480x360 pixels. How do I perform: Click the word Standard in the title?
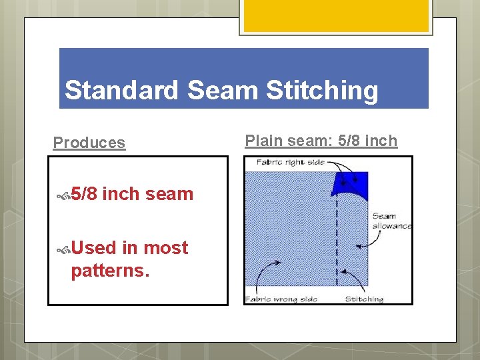pyautogui.click(x=121, y=90)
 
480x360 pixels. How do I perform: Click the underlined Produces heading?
pyautogui.click(x=89, y=143)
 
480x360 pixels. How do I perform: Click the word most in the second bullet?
pyautogui.click(x=166, y=248)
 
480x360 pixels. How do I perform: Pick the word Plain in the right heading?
pyautogui.click(x=263, y=141)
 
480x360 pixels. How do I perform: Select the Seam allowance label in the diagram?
pyautogui.click(x=391, y=221)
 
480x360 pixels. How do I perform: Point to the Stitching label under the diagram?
pyautogui.click(x=364, y=299)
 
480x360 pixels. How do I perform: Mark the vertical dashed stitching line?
pyautogui.click(x=337, y=240)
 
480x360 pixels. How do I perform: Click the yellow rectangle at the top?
pyautogui.click(x=335, y=15)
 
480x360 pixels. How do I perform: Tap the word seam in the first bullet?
pyautogui.click(x=169, y=194)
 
